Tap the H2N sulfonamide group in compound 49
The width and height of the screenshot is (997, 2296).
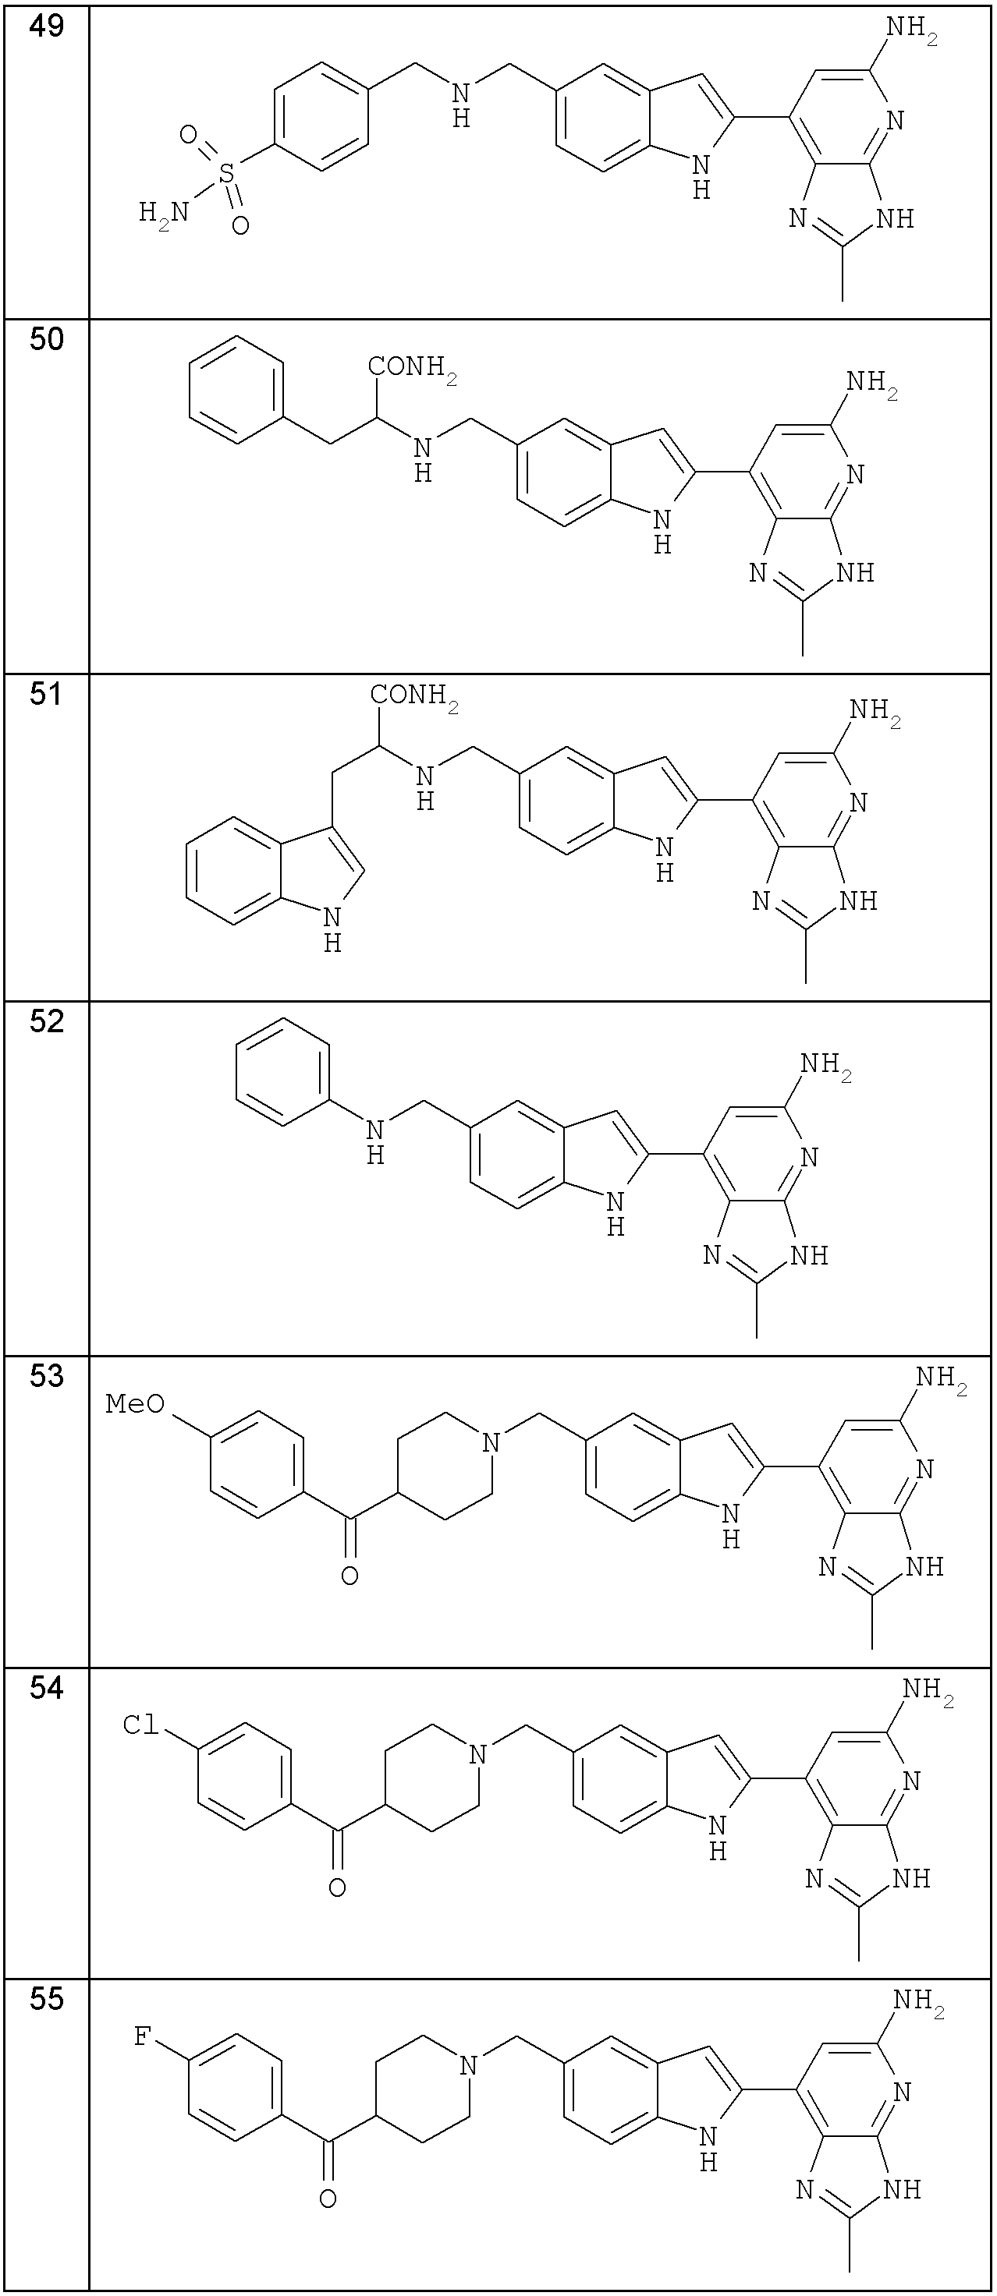pyautogui.click(x=164, y=213)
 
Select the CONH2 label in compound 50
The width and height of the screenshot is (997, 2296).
pyautogui.click(x=413, y=368)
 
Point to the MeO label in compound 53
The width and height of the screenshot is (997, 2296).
pyautogui.click(x=136, y=1404)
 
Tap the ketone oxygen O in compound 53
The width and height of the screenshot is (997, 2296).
pyautogui.click(x=349, y=1576)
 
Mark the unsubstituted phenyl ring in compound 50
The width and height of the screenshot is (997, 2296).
pyautogui.click(x=237, y=390)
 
